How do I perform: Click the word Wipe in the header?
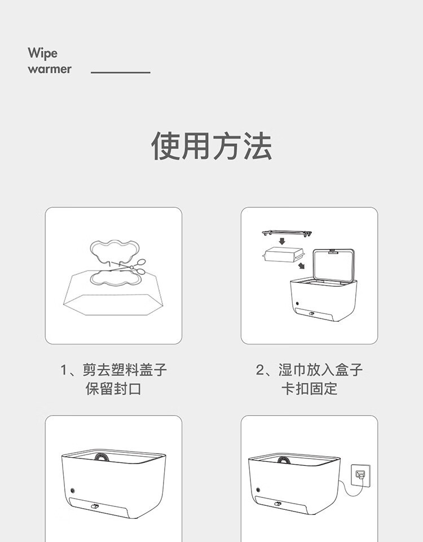42,53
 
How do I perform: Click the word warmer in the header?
50,69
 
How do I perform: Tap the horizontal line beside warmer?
121,73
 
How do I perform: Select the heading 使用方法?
211,146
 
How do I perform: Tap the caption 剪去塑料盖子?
125,370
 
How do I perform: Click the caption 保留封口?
113,388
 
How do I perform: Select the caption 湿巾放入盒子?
320,370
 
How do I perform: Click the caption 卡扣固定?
309,388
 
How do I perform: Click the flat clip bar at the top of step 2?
287,233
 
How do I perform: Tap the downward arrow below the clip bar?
282,241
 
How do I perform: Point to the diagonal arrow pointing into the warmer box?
301,265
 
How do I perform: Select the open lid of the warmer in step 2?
333,266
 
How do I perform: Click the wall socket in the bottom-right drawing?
361,475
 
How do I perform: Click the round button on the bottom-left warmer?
73,491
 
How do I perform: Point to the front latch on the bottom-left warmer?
95,506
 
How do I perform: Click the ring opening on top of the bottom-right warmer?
284,460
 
